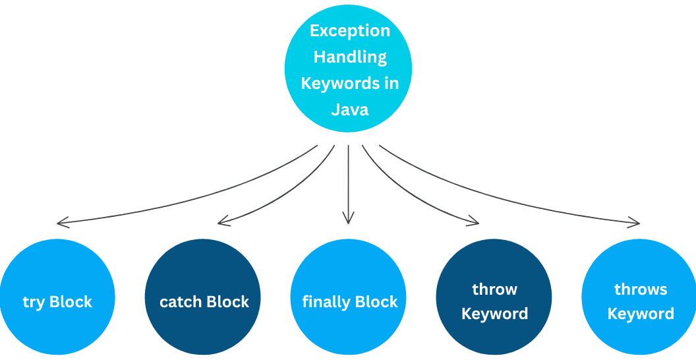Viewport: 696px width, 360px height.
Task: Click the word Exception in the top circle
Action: [350, 31]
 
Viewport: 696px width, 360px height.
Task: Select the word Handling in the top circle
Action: [350, 57]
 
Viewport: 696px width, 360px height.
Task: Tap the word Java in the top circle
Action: [350, 109]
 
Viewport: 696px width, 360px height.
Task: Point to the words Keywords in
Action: [350, 83]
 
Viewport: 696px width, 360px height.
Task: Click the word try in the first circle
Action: [34, 303]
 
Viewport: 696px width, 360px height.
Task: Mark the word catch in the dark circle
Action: [181, 303]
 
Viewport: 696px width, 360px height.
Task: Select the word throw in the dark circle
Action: [494, 289]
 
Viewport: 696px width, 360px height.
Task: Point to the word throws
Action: [641, 289]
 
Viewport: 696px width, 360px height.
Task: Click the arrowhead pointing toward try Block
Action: [61, 222]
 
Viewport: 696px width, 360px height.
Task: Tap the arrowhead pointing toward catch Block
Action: [222, 220]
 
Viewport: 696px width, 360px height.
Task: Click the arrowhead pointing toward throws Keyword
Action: [634, 222]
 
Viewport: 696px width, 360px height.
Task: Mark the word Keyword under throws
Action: [641, 314]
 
